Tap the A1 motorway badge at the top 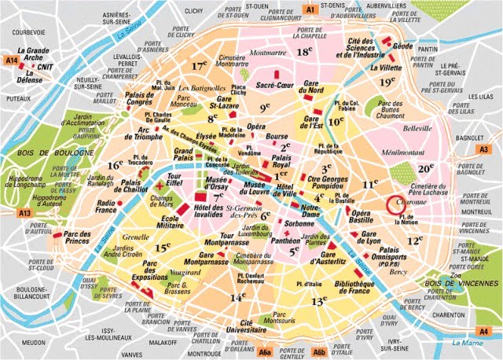(x=310, y=9)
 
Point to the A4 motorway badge (x=485, y=332)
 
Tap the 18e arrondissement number (x=304, y=52)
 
